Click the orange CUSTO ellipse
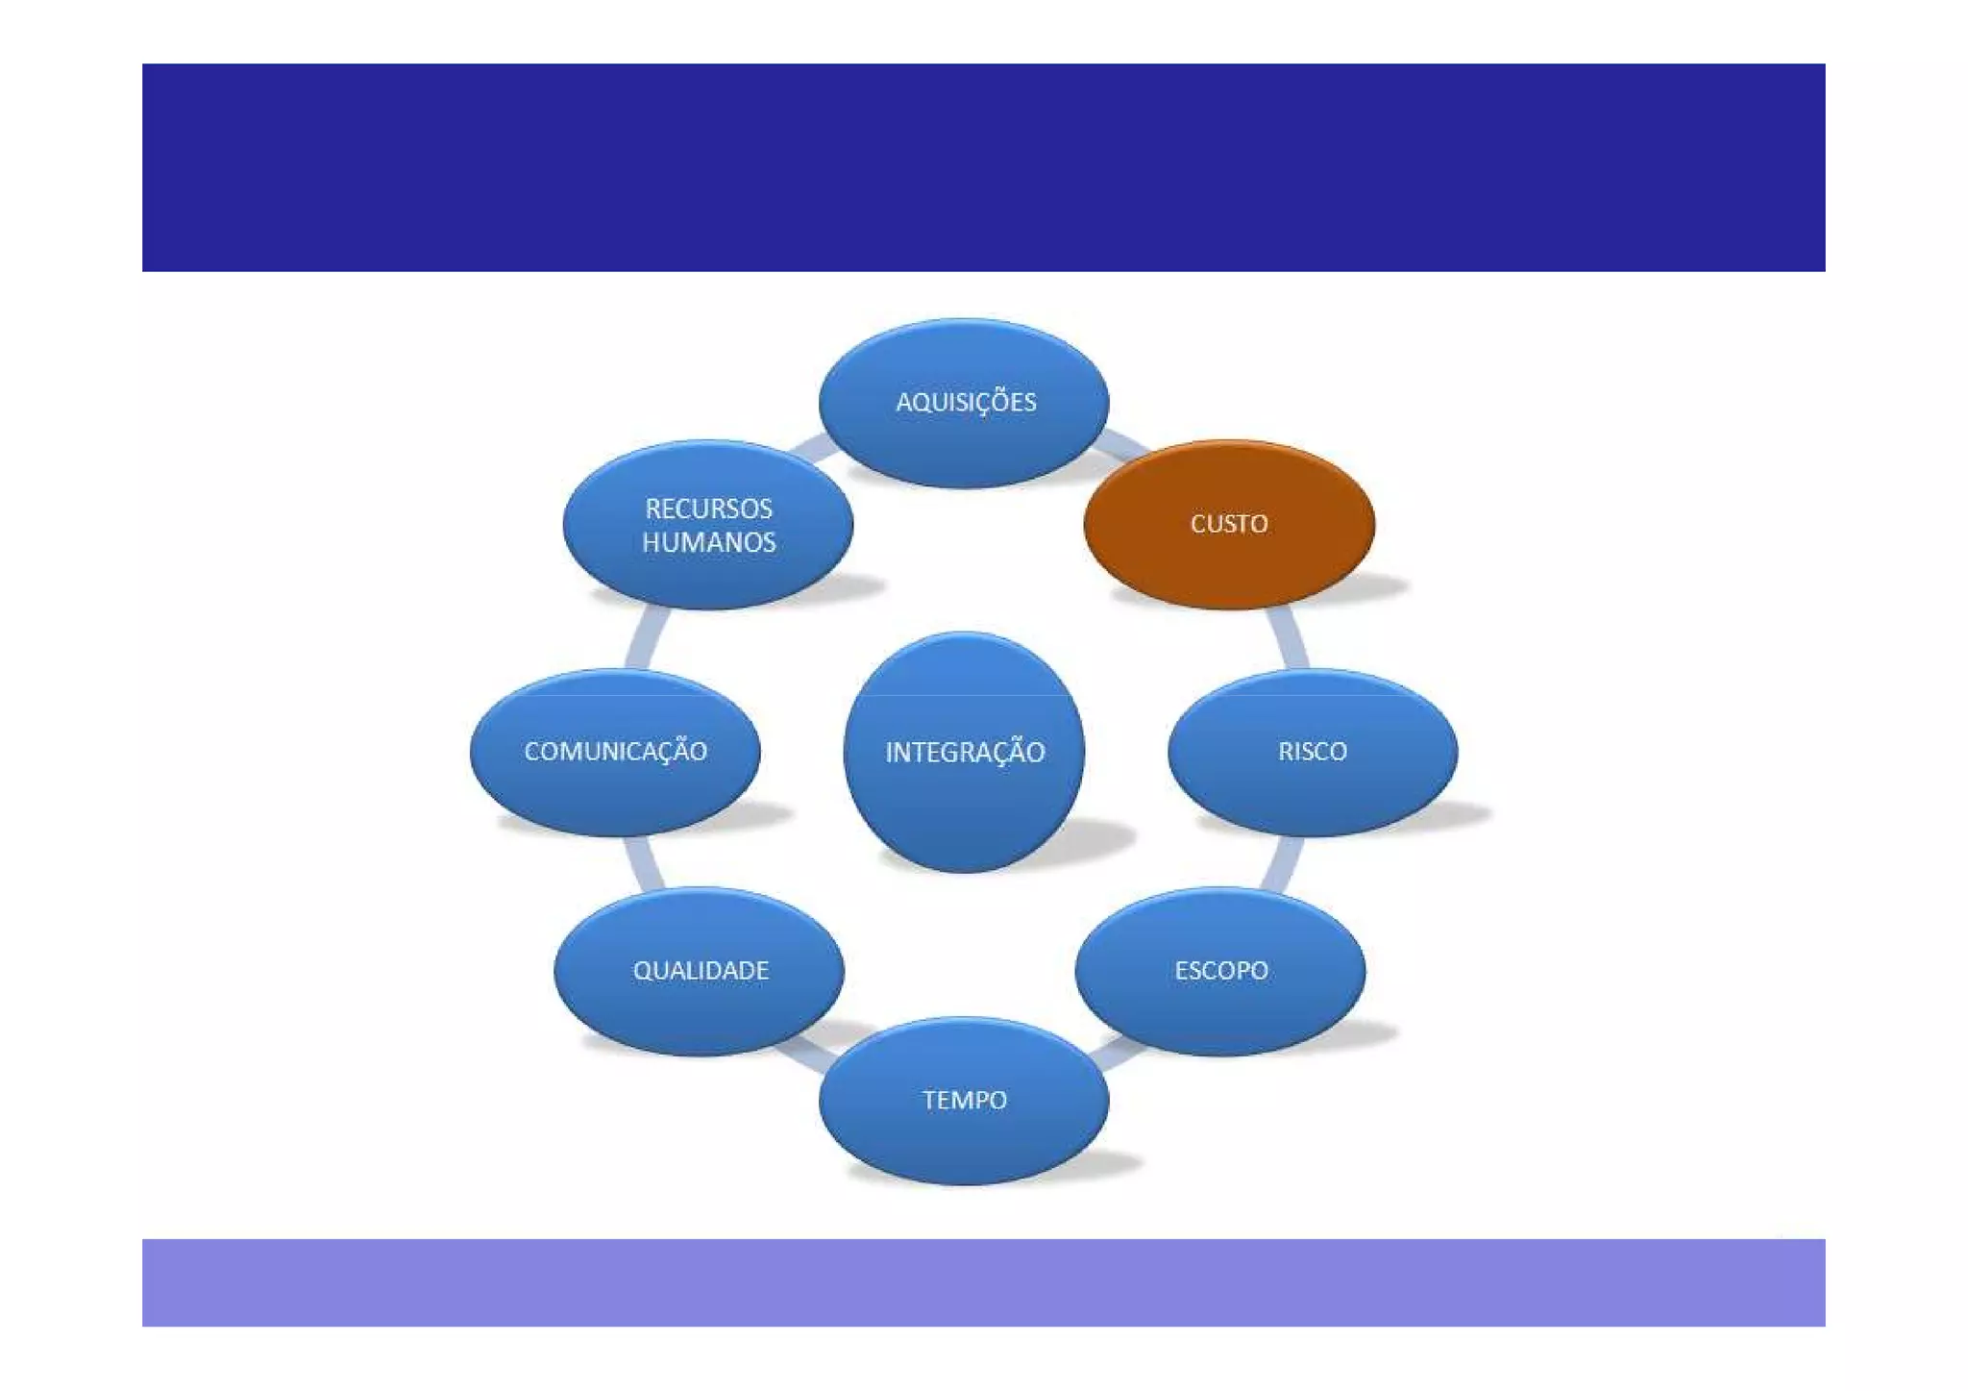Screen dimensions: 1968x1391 pyautogui.click(x=1229, y=524)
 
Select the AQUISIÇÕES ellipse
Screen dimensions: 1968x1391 pyautogui.click(x=964, y=403)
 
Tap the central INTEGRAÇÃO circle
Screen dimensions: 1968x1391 pyautogui.click(x=964, y=752)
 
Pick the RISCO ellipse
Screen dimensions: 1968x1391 pyautogui.click(x=1313, y=752)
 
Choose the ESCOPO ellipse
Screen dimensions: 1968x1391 pyautogui.click(x=1220, y=970)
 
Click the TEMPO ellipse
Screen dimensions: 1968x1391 pyautogui.click(x=964, y=1101)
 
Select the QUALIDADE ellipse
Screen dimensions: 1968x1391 pyautogui.click(x=700, y=970)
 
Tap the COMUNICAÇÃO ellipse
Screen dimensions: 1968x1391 pyautogui.click(x=615, y=752)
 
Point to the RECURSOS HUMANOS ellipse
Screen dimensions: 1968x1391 pyautogui.click(x=708, y=524)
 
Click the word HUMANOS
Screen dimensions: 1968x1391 pyautogui.click(x=709, y=542)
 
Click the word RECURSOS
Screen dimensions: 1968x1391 pyautogui.click(x=709, y=509)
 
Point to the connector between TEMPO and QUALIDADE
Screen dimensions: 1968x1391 pyautogui.click(x=808, y=1053)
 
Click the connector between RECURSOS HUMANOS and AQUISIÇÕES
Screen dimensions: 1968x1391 pyautogui.click(x=812, y=447)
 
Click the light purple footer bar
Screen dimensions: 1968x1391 pyautogui.click(x=983, y=1282)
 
